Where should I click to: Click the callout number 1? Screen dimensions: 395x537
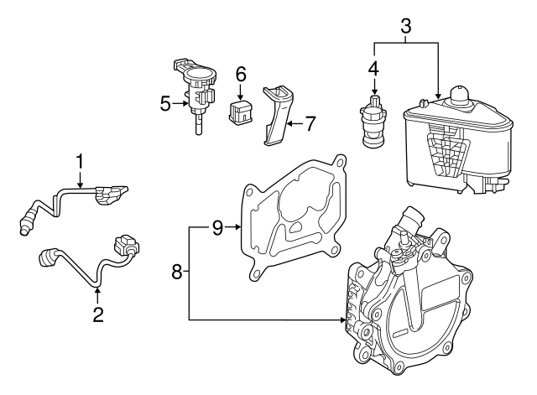81,159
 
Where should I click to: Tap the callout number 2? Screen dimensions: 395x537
98,315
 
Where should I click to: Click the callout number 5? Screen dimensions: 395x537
165,104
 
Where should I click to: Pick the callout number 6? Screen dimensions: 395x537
241,74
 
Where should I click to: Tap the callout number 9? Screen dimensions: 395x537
216,227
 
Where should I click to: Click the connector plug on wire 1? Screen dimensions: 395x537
110,195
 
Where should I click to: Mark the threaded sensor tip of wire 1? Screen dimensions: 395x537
23,221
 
